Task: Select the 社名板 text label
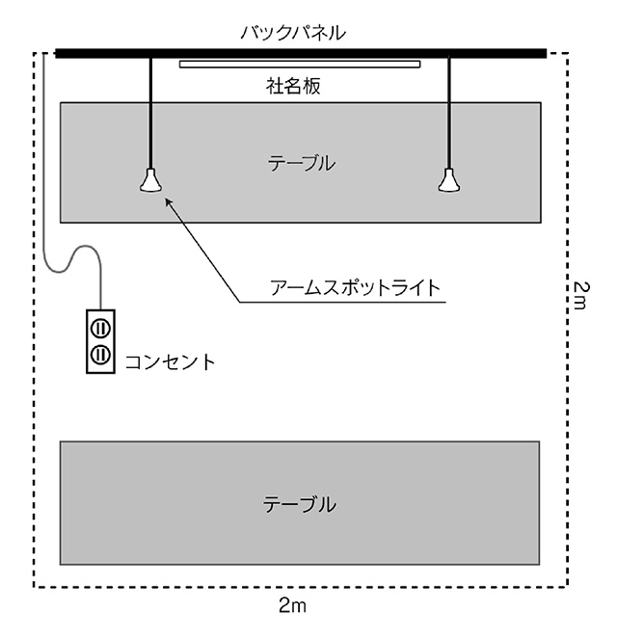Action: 293,85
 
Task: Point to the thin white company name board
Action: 300,65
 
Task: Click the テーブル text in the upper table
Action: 302,163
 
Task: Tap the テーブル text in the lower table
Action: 300,503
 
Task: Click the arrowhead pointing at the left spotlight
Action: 169,200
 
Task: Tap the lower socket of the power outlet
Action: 99,354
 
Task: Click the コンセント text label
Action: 170,362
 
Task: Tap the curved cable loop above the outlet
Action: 81,253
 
